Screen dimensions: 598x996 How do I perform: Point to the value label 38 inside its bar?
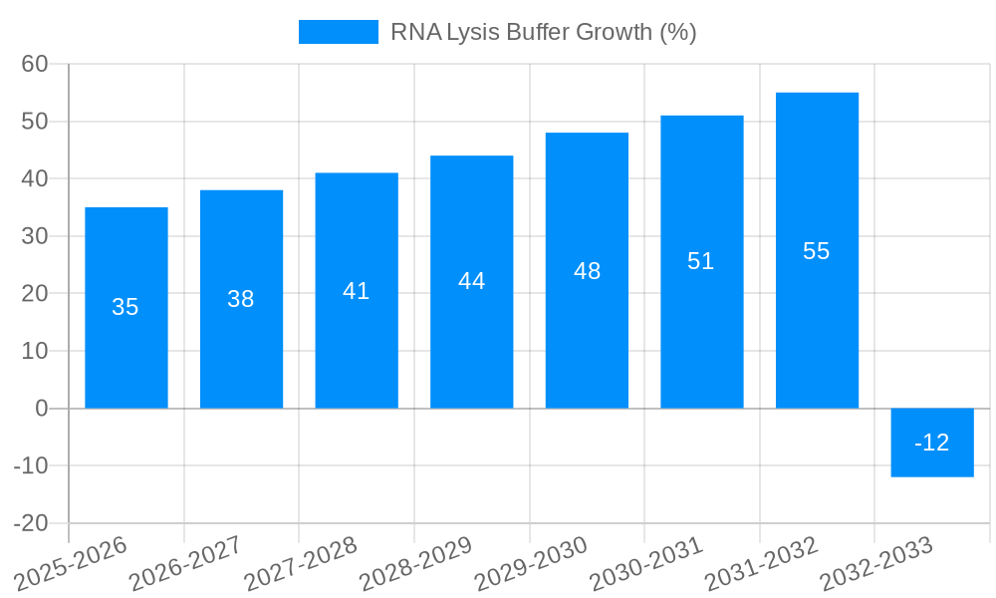coord(241,299)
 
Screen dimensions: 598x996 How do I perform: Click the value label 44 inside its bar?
coord(472,281)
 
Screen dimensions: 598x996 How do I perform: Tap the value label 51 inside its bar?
coord(701,261)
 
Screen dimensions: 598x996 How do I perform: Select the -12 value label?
coord(932,443)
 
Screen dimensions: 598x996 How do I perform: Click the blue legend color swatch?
coord(339,32)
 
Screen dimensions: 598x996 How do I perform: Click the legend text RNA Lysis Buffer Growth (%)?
coord(543,32)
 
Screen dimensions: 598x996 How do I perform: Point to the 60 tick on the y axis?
coord(35,64)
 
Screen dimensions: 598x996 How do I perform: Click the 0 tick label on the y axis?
coord(42,409)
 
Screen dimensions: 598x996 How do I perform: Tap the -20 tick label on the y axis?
coord(31,523)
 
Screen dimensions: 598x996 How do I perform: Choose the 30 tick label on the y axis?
coord(35,236)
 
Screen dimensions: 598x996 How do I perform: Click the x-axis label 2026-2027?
coord(187,564)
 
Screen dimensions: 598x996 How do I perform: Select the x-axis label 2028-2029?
coord(417,564)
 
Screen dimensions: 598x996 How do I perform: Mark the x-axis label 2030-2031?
coord(647,564)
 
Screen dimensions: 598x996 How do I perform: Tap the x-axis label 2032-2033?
coord(877,564)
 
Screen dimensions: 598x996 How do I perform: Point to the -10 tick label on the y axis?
coord(31,466)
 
